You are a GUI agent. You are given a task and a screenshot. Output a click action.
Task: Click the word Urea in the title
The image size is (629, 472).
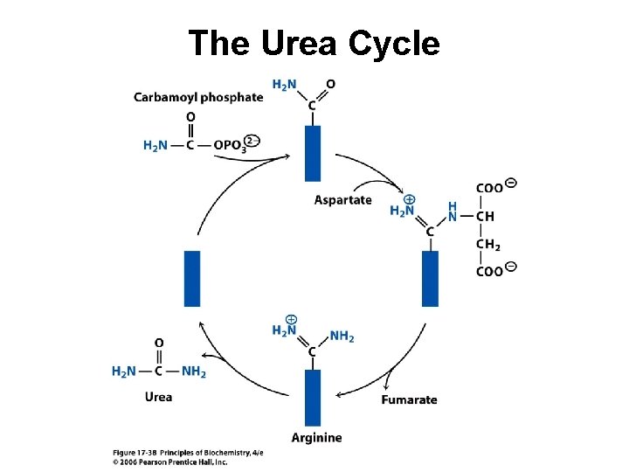pyautogui.click(x=299, y=43)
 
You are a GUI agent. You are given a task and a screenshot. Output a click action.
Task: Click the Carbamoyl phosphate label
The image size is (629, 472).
pyautogui.click(x=198, y=98)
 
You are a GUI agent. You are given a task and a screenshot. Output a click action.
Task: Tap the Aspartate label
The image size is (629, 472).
pyautogui.click(x=343, y=200)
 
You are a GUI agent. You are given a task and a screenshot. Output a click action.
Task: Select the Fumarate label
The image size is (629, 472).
pyautogui.click(x=409, y=399)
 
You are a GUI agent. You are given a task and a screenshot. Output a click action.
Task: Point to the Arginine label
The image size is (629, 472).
pyautogui.click(x=316, y=438)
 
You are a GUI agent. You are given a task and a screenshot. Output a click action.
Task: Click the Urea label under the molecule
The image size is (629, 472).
pyautogui.click(x=158, y=397)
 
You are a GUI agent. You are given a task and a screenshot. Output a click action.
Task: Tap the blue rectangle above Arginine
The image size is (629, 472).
pyautogui.click(x=313, y=398)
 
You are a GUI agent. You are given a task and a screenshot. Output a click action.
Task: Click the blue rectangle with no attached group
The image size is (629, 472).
pyautogui.click(x=192, y=279)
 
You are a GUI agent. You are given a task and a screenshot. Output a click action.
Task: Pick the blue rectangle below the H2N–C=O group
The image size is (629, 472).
pyautogui.click(x=313, y=153)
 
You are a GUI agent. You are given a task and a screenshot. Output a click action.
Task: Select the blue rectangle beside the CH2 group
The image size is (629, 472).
pyautogui.click(x=430, y=279)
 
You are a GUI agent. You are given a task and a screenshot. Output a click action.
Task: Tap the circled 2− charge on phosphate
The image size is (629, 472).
pyautogui.click(x=252, y=141)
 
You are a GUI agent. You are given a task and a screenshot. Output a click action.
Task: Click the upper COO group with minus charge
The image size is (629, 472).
pyautogui.click(x=496, y=187)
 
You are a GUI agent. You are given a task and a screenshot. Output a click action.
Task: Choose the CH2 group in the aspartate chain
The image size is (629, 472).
pyautogui.click(x=487, y=245)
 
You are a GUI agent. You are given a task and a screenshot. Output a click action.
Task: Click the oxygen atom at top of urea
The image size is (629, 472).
pyautogui.click(x=159, y=344)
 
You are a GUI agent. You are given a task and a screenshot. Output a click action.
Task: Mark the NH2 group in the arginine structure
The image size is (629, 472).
pyautogui.click(x=342, y=336)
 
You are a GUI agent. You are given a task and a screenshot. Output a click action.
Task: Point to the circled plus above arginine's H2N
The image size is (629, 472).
pyautogui.click(x=291, y=320)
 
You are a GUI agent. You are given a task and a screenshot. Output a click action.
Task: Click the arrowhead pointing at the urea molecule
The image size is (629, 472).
pyautogui.click(x=204, y=355)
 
